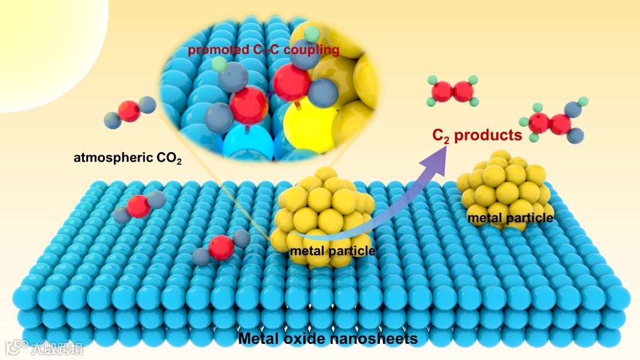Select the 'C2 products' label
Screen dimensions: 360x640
click(477, 135)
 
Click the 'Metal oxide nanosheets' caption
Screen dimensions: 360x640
click(327, 339)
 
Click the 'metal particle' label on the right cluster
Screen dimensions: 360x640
click(510, 218)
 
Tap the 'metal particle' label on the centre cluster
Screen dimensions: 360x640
click(332, 250)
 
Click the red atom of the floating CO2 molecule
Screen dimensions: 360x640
click(129, 111)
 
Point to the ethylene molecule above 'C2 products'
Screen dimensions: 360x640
click(453, 92)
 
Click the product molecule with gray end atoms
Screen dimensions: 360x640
click(551, 123)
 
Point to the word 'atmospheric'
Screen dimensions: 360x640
click(108, 159)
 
